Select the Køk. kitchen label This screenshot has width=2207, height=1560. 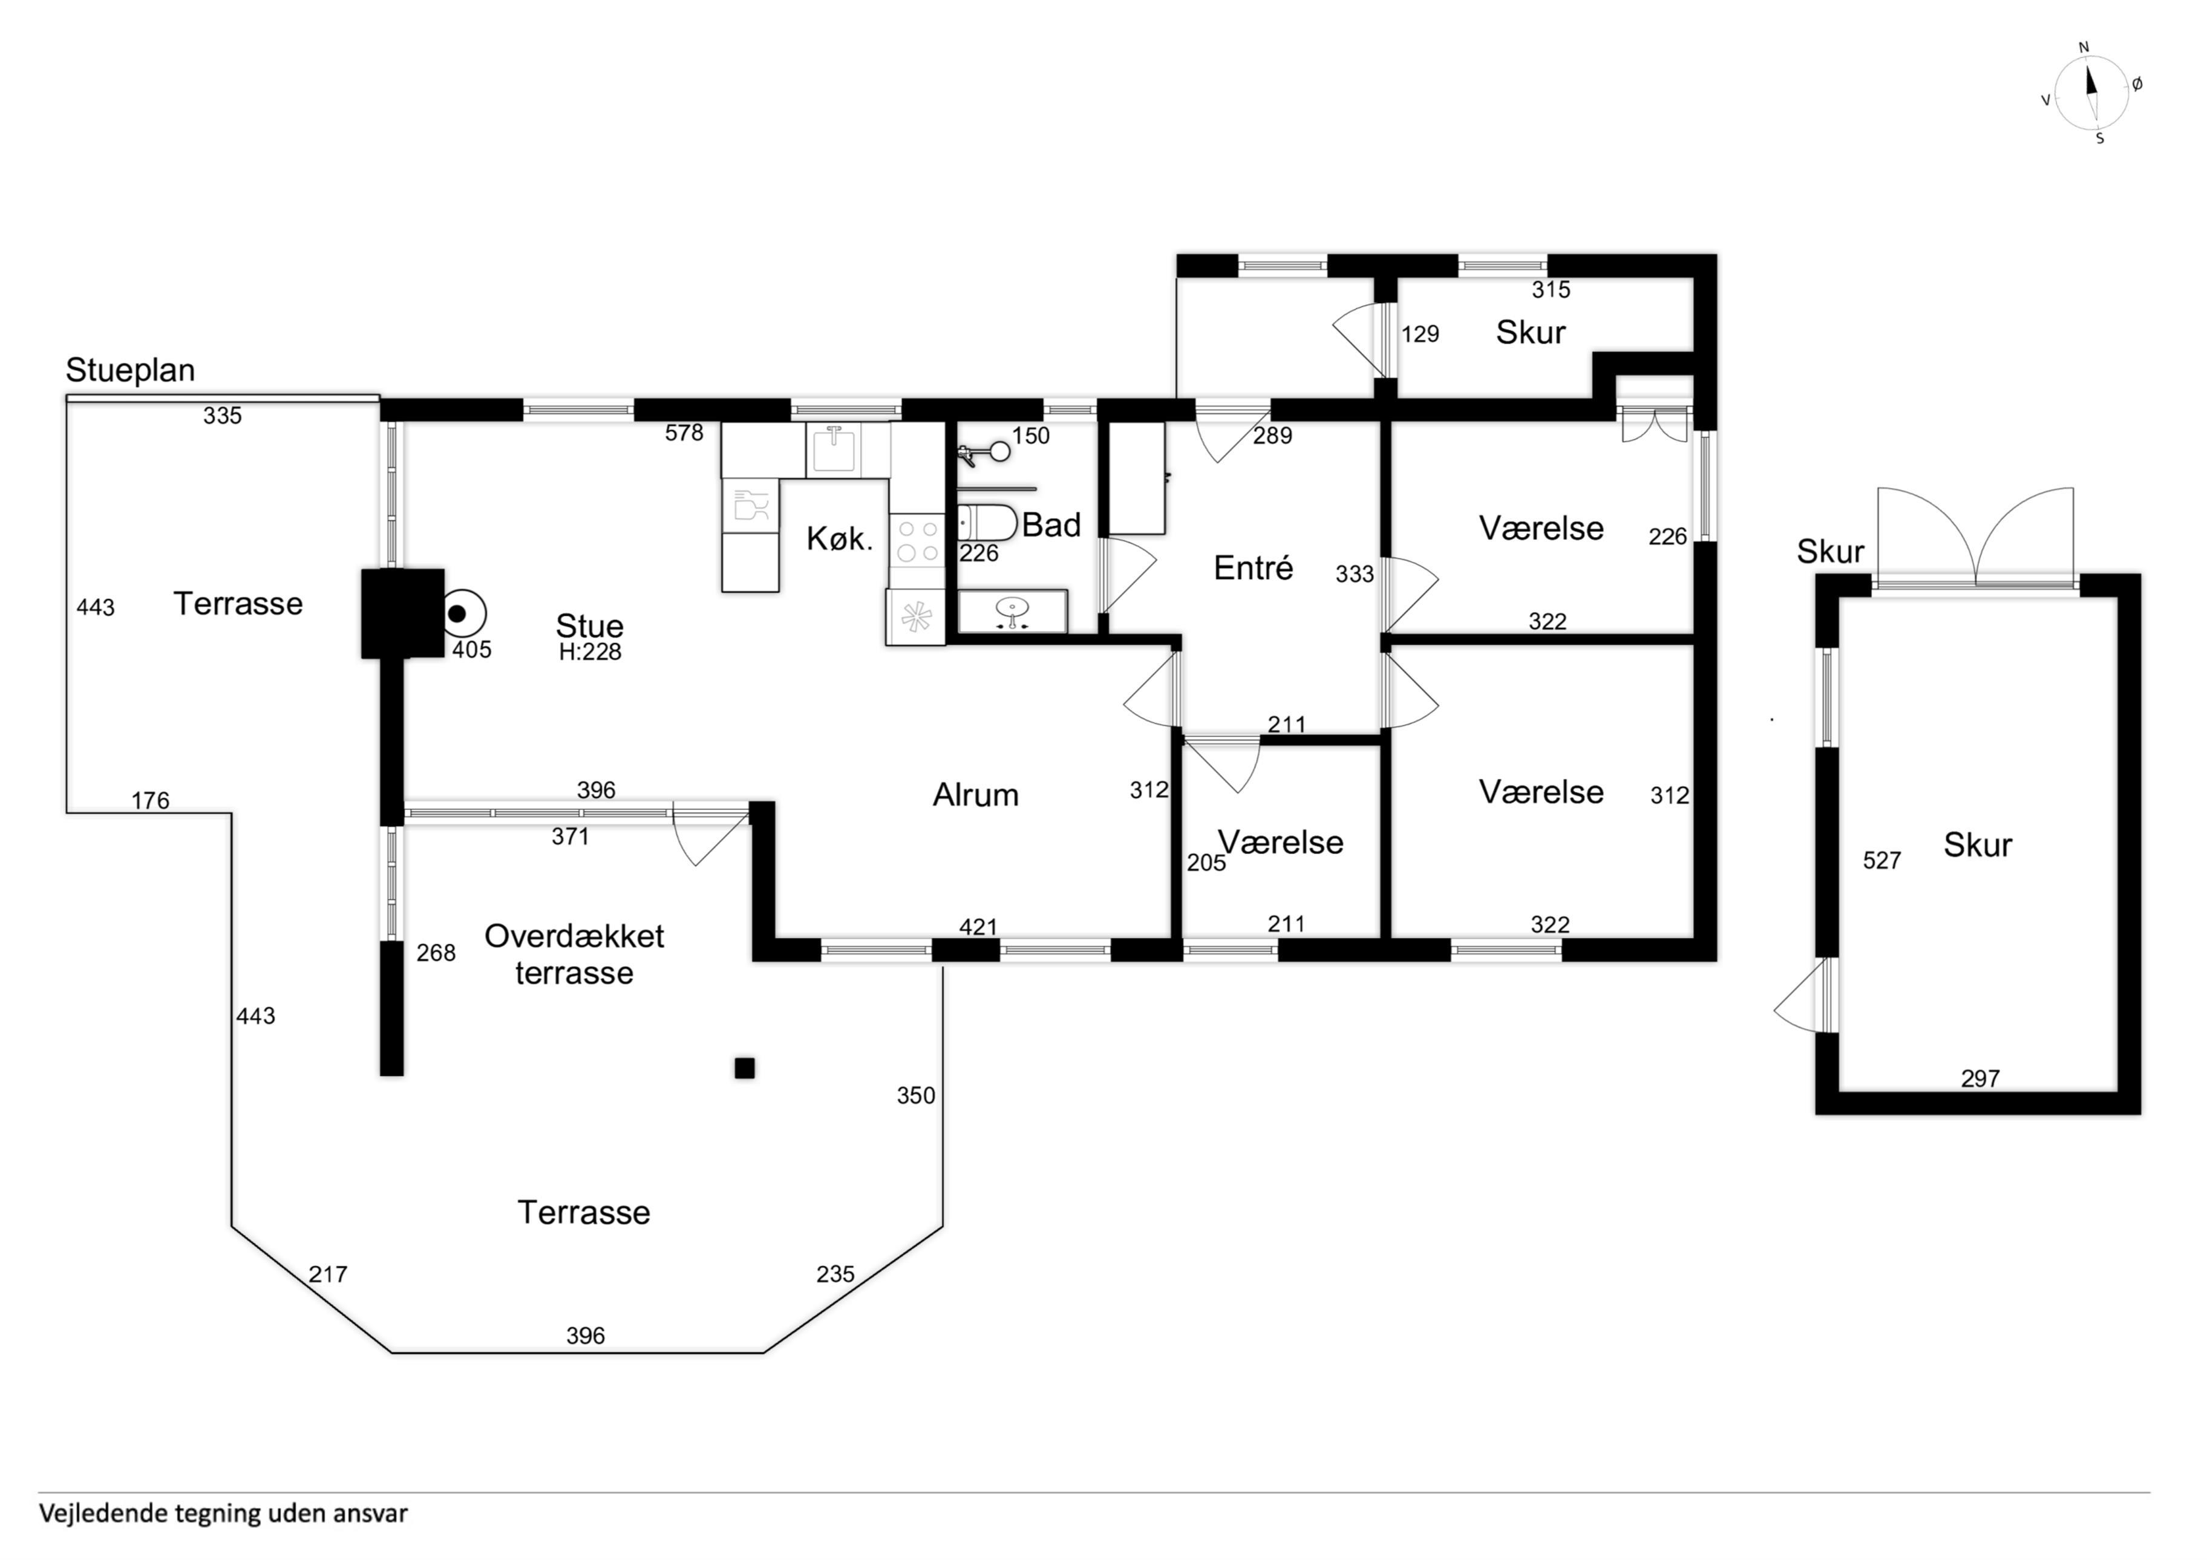pyautogui.click(x=839, y=539)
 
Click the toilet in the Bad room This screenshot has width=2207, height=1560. pyautogui.click(x=988, y=522)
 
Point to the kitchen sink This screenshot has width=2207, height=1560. pyautogui.click(x=834, y=450)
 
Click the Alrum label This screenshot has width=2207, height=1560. pyautogui.click(x=976, y=795)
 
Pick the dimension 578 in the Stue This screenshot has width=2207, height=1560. pyautogui.click(x=684, y=432)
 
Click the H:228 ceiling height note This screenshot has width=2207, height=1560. pyautogui.click(x=590, y=651)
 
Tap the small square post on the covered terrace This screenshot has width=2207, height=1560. pyautogui.click(x=744, y=1068)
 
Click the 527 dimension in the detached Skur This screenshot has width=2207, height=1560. pyautogui.click(x=1882, y=860)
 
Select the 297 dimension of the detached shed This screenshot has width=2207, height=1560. pyautogui.click(x=1980, y=1079)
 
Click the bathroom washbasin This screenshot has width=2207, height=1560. pyautogui.click(x=1012, y=610)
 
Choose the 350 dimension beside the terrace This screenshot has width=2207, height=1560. pyautogui.click(x=915, y=1095)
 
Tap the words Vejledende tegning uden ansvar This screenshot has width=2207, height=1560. pyautogui.click(x=223, y=1513)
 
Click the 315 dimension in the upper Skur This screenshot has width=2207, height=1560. pyautogui.click(x=1551, y=289)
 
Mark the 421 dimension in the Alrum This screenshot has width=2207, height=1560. pyautogui.click(x=978, y=927)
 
